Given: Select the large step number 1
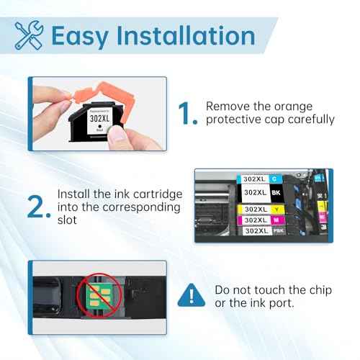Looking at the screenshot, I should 186,113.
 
